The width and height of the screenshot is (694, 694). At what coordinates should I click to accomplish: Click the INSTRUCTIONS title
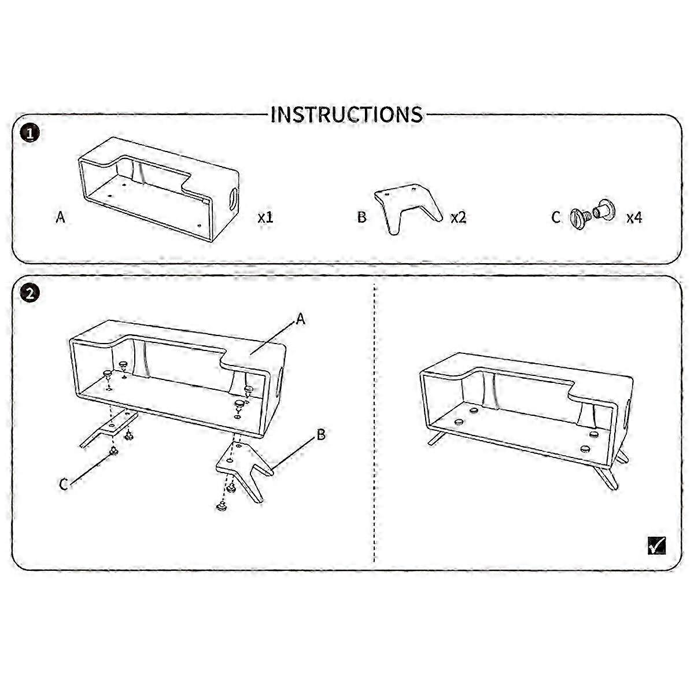346,115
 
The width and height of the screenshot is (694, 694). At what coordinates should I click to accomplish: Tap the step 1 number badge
30,133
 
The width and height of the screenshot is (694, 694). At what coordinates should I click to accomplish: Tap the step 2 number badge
30,294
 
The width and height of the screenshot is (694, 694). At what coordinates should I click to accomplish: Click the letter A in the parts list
61,217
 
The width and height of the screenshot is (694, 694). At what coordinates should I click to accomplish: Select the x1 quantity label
265,217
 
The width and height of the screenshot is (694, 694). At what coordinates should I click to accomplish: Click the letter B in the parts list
362,217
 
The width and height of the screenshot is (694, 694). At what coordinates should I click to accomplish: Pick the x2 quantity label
459,217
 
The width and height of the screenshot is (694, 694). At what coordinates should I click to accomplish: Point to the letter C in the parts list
556,217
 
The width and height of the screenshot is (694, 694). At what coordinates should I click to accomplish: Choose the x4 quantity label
634,217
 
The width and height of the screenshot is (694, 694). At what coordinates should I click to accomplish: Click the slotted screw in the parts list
579,217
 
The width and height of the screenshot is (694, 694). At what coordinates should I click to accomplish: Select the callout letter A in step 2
300,319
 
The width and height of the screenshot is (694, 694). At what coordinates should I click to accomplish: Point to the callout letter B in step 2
321,435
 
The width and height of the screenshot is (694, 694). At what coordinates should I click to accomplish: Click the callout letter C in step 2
64,484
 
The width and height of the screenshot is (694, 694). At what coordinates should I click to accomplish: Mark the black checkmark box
656,546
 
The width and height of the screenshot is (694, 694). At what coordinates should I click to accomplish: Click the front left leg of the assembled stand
437,438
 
